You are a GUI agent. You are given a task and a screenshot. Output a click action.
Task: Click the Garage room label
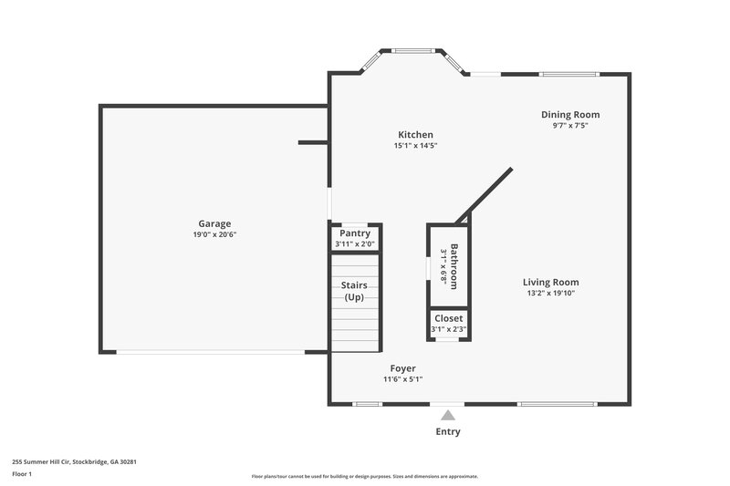coord(214,223)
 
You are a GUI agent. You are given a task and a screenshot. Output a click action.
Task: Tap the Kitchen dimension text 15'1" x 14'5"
coord(415,146)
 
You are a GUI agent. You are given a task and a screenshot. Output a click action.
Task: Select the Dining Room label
coord(570,115)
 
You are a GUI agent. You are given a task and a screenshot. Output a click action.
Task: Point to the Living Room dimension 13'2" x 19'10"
coord(551,294)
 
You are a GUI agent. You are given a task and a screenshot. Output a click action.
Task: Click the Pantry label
coord(355,233)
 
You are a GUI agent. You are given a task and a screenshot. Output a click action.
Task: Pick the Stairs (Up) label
coord(354,292)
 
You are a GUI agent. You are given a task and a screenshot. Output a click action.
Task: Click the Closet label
coord(448,318)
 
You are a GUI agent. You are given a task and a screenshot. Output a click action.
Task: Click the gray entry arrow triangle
coord(447,416)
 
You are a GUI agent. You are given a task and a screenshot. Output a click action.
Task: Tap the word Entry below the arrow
coord(448,432)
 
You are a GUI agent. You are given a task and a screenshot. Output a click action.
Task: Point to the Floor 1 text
coord(23,474)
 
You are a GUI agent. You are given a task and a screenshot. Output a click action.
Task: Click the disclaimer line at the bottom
coord(364,476)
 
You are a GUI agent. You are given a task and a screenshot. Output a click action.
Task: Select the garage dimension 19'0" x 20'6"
coord(214,235)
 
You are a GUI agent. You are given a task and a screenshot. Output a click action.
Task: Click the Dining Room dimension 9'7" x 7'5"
coord(570,127)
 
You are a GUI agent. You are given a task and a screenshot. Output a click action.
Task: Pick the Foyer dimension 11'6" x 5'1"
coord(402,379)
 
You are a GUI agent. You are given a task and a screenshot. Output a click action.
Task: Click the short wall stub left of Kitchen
coord(313,142)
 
